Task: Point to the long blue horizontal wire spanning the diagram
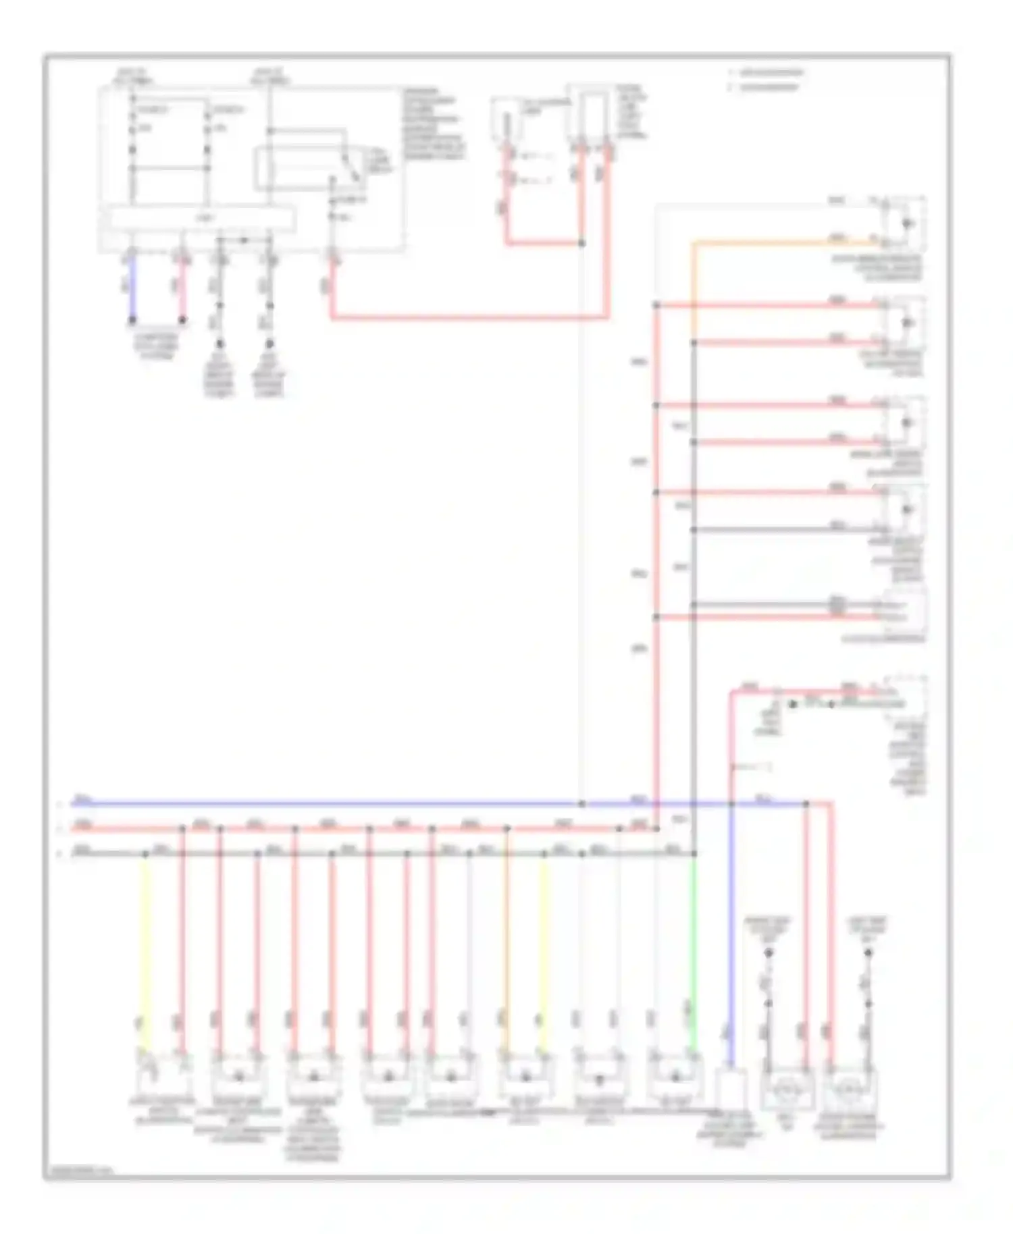338,804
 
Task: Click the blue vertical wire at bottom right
731,945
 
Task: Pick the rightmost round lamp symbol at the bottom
850,1089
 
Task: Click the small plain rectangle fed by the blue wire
731,1088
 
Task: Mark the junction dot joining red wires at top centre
581,243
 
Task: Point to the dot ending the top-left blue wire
132,320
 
